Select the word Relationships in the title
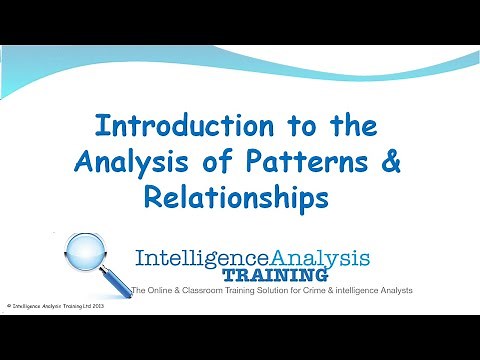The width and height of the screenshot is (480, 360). [x=239, y=196]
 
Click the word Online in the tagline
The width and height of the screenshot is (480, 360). [x=164, y=290]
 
